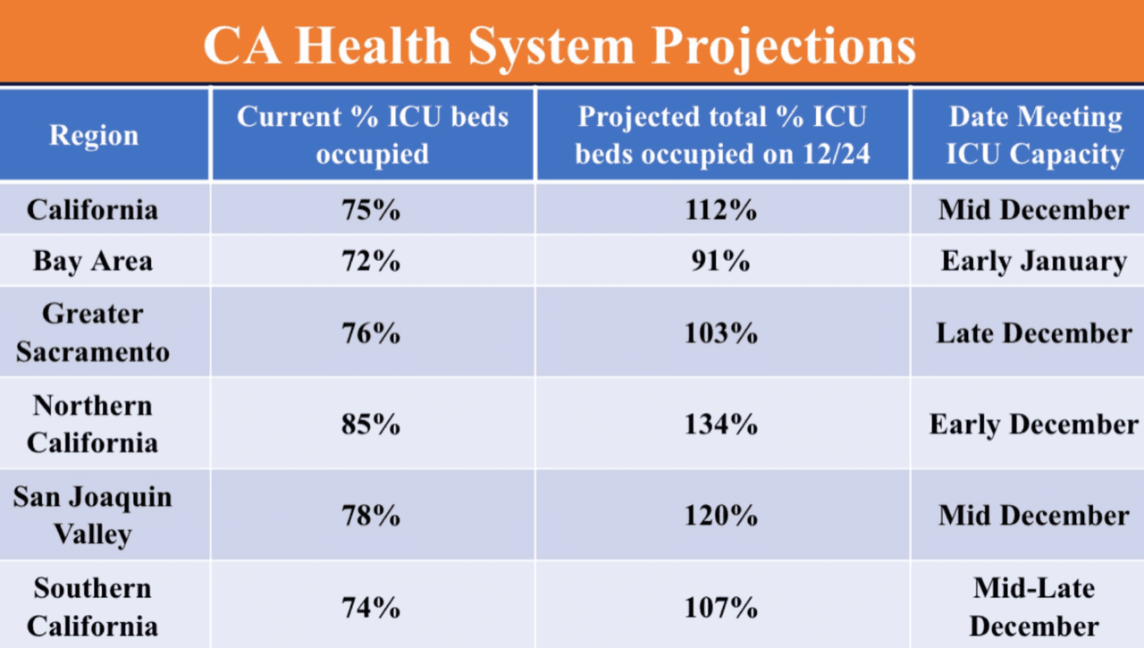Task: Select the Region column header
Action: (94, 136)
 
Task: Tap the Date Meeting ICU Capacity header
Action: (1035, 135)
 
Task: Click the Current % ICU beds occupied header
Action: (373, 135)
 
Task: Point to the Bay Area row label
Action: (93, 262)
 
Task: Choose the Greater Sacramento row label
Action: (92, 332)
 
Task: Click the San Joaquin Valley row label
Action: (92, 516)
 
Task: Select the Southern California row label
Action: (92, 607)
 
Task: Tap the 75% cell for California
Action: (371, 210)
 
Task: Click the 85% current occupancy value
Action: (371, 425)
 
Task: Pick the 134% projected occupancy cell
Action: (720, 425)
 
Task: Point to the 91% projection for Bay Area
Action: (720, 261)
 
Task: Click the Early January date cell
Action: (1034, 262)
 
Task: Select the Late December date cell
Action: (1034, 333)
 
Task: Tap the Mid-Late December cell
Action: (1034, 607)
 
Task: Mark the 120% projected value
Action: (720, 516)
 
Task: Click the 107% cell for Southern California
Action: (720, 608)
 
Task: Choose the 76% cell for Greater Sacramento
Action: (371, 333)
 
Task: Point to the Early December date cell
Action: (1034, 425)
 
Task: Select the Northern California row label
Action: (92, 425)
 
